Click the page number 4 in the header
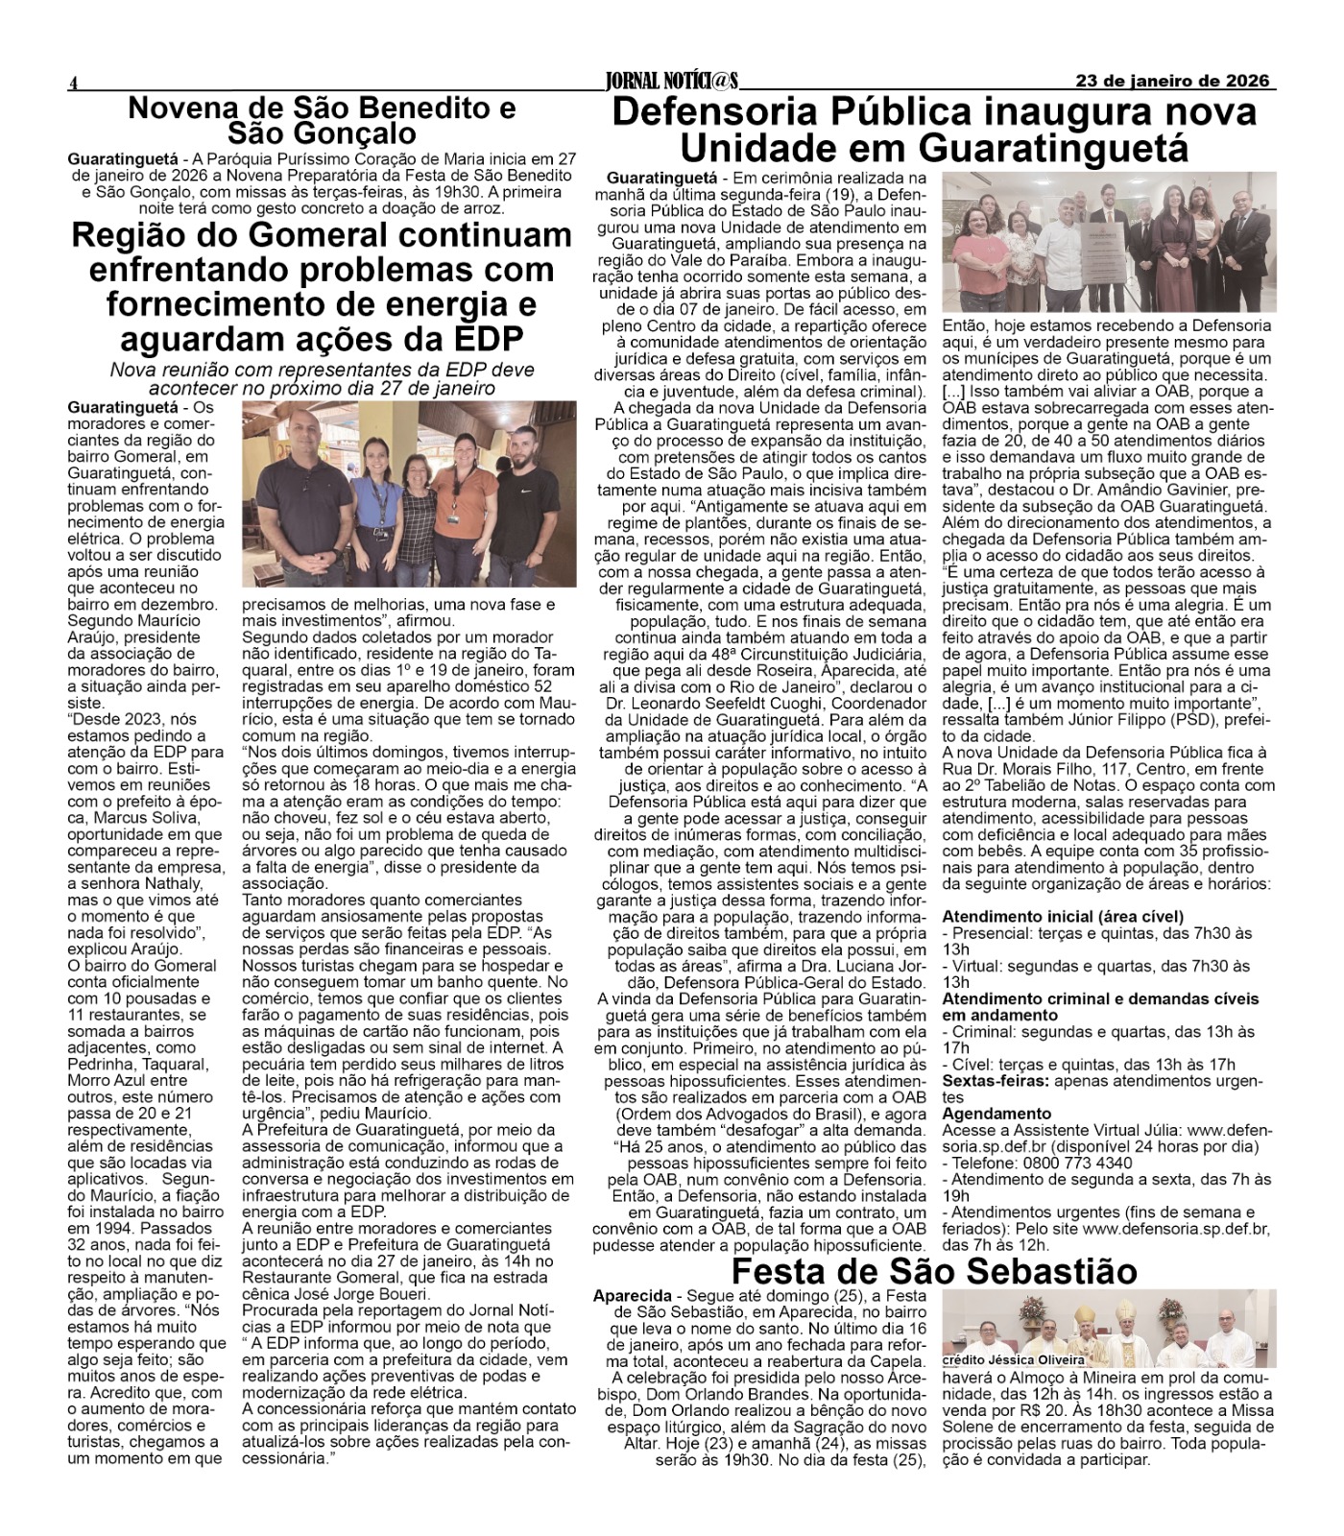point(72,84)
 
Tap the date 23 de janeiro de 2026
point(1172,81)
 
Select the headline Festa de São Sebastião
point(934,1270)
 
